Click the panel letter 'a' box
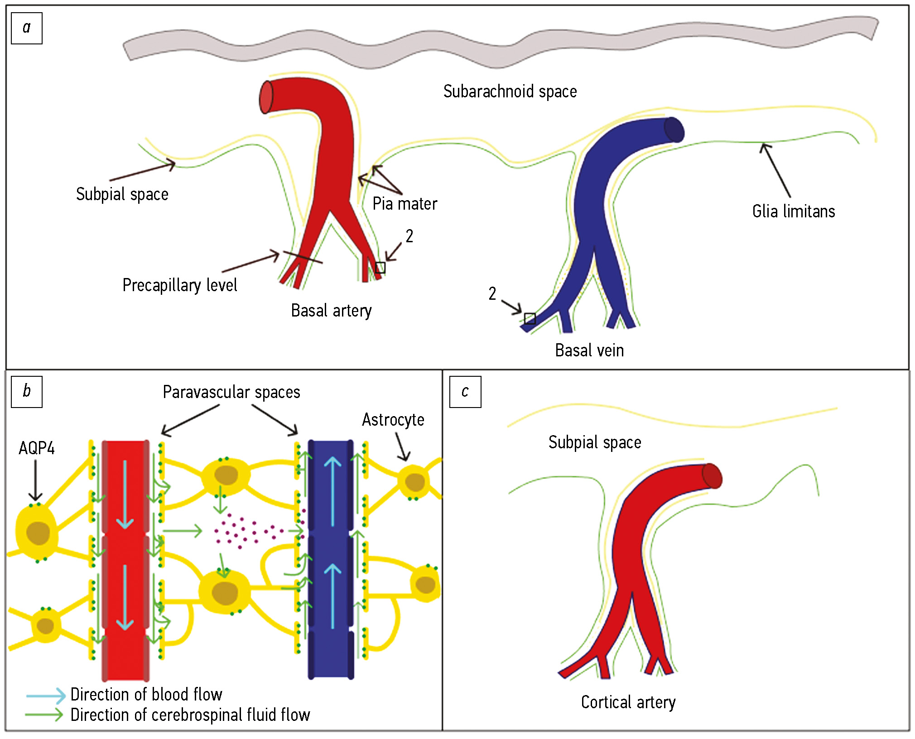[27, 29]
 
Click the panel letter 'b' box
[27, 392]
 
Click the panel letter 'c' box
[465, 392]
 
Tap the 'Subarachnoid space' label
[510, 91]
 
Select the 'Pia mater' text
[405, 204]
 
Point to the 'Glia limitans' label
[794, 211]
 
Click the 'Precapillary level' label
[180, 285]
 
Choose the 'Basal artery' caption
[331, 311]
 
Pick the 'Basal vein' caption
[589, 350]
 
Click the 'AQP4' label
[37, 448]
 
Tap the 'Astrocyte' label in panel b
[393, 420]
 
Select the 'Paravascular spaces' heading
[231, 392]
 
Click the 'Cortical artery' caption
[628, 702]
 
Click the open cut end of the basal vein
[674, 130]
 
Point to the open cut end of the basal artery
[266, 97]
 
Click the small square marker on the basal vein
[530, 318]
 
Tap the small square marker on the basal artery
[380, 268]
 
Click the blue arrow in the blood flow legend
[46, 695]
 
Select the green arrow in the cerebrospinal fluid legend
[44, 715]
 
